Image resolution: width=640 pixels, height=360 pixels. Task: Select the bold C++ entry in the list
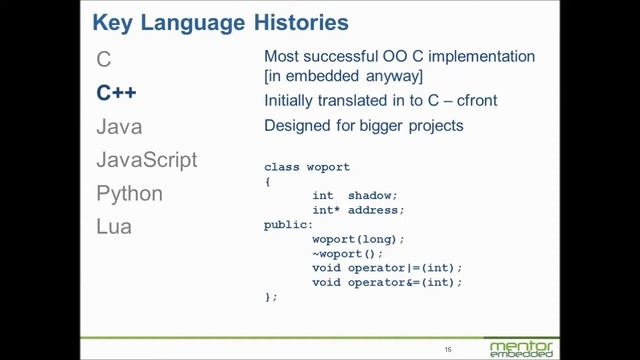point(116,93)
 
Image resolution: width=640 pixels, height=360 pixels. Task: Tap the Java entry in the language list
point(119,127)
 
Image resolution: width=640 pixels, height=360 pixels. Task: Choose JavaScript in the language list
point(146,160)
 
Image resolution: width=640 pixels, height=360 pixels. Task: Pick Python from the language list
point(129,193)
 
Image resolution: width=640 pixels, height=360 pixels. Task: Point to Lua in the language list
point(113,226)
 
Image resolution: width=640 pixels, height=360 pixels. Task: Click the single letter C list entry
point(103,60)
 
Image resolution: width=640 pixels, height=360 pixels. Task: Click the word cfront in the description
point(472,101)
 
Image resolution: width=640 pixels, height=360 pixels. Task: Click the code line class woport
point(307,166)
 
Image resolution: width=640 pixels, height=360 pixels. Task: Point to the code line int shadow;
point(355,195)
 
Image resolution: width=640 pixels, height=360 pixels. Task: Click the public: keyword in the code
point(289,225)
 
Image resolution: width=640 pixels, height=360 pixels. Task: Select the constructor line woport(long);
point(358,239)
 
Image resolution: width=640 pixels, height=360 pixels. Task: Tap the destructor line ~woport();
point(348,254)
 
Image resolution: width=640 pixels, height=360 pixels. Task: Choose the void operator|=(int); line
point(387,268)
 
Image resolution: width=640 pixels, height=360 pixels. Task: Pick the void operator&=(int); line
point(387,283)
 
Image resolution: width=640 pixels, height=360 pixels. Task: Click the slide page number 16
point(449,349)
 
